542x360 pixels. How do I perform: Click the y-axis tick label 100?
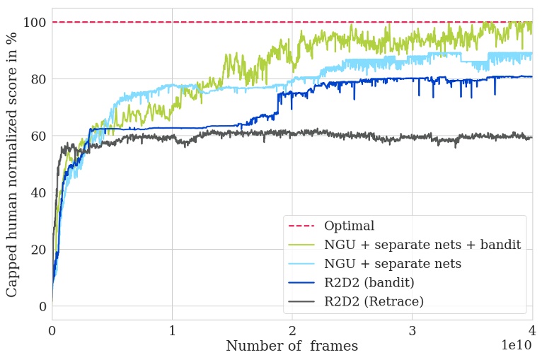pyautogui.click(x=35, y=22)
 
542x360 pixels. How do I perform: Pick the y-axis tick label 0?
pyautogui.click(x=42, y=306)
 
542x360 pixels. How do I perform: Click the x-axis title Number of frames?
pyautogui.click(x=292, y=346)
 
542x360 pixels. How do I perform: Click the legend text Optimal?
pyautogui.click(x=349, y=226)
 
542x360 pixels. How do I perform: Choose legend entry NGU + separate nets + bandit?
pyautogui.click(x=422, y=245)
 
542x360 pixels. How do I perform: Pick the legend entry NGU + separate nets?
pyautogui.click(x=393, y=263)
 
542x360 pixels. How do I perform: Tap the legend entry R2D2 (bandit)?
pyautogui.click(x=369, y=281)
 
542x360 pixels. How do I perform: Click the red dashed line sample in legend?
pyautogui.click(x=301, y=226)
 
